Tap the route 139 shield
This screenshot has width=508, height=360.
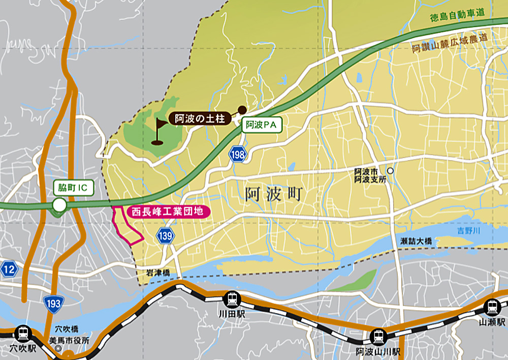tap(166, 235)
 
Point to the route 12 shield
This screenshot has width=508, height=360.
tap(8, 269)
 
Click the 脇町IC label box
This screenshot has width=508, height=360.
tap(73, 188)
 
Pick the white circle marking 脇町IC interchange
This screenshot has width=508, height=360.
tap(60, 205)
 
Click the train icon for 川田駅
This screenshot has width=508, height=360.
tap(232, 298)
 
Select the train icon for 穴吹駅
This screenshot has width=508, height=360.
tap(23, 334)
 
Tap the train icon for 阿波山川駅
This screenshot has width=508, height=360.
tap(378, 336)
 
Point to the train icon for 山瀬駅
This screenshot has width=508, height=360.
tap(492, 307)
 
